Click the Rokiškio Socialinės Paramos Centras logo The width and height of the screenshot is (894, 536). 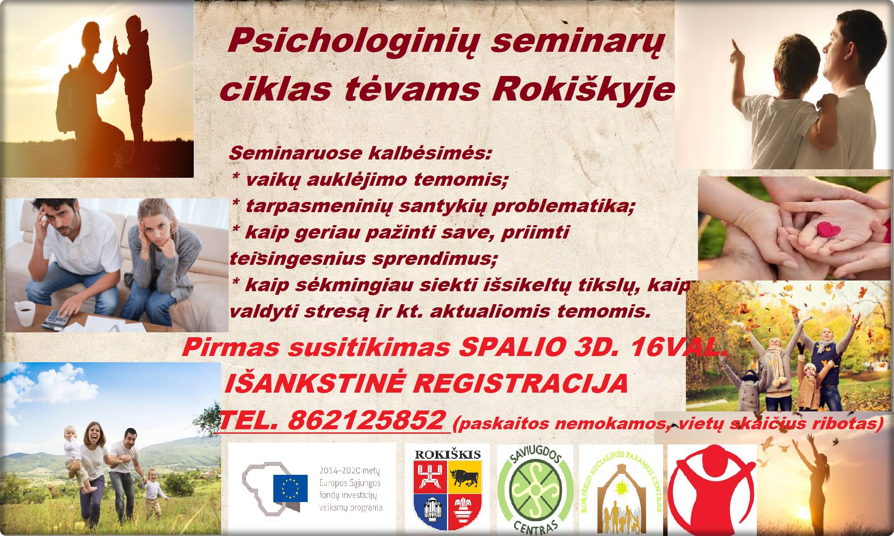tap(621, 490)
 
